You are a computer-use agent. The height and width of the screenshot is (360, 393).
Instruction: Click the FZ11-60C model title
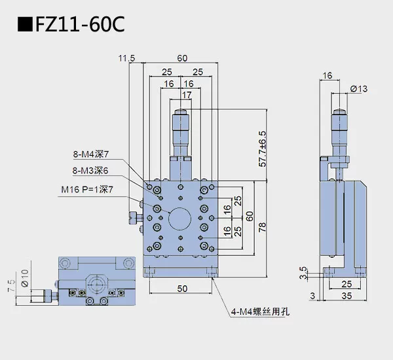click(69, 24)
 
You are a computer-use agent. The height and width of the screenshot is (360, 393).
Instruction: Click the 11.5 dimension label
click(126, 58)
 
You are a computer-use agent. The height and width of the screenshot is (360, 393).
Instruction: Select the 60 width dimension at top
click(181, 58)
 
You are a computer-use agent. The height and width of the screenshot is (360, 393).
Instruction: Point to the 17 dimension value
click(187, 96)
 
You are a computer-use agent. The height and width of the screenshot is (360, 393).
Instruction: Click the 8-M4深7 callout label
click(91, 154)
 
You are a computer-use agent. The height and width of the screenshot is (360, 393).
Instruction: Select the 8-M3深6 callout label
click(91, 171)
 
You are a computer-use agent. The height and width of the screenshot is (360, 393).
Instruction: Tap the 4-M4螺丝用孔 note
click(259, 312)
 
